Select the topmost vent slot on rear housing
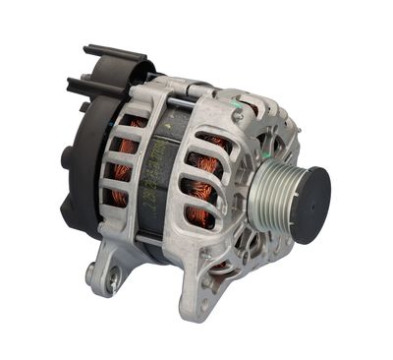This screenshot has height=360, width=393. coord(132,124)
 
